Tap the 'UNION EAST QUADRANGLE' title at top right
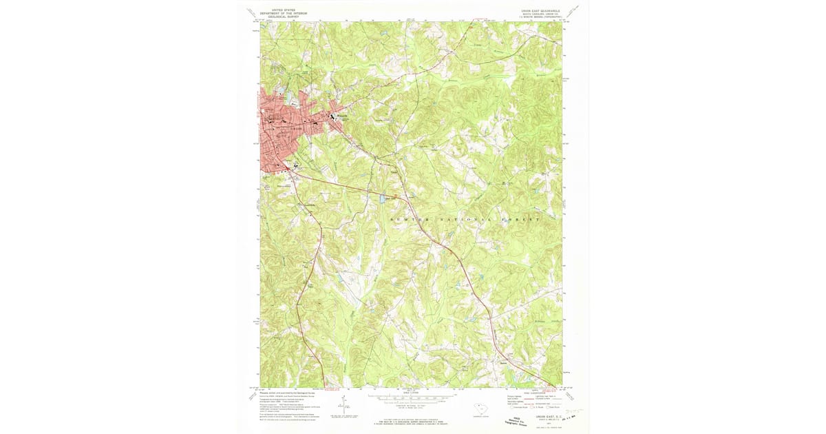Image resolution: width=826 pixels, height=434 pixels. pyautogui.click(x=540, y=10)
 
